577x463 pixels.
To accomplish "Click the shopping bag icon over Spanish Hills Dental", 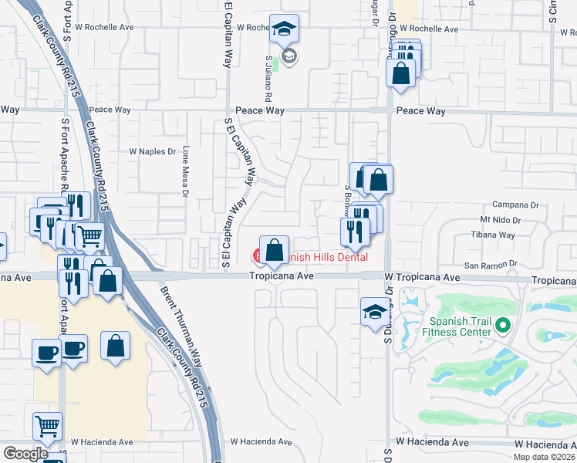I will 274,250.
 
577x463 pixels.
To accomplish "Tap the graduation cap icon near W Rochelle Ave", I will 284,30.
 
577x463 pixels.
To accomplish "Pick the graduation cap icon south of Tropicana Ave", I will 374,313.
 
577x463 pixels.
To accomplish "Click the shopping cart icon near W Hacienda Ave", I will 48,425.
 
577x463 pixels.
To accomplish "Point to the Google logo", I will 25,454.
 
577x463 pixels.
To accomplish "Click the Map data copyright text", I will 545,457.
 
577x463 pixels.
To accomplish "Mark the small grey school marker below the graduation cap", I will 289,56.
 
